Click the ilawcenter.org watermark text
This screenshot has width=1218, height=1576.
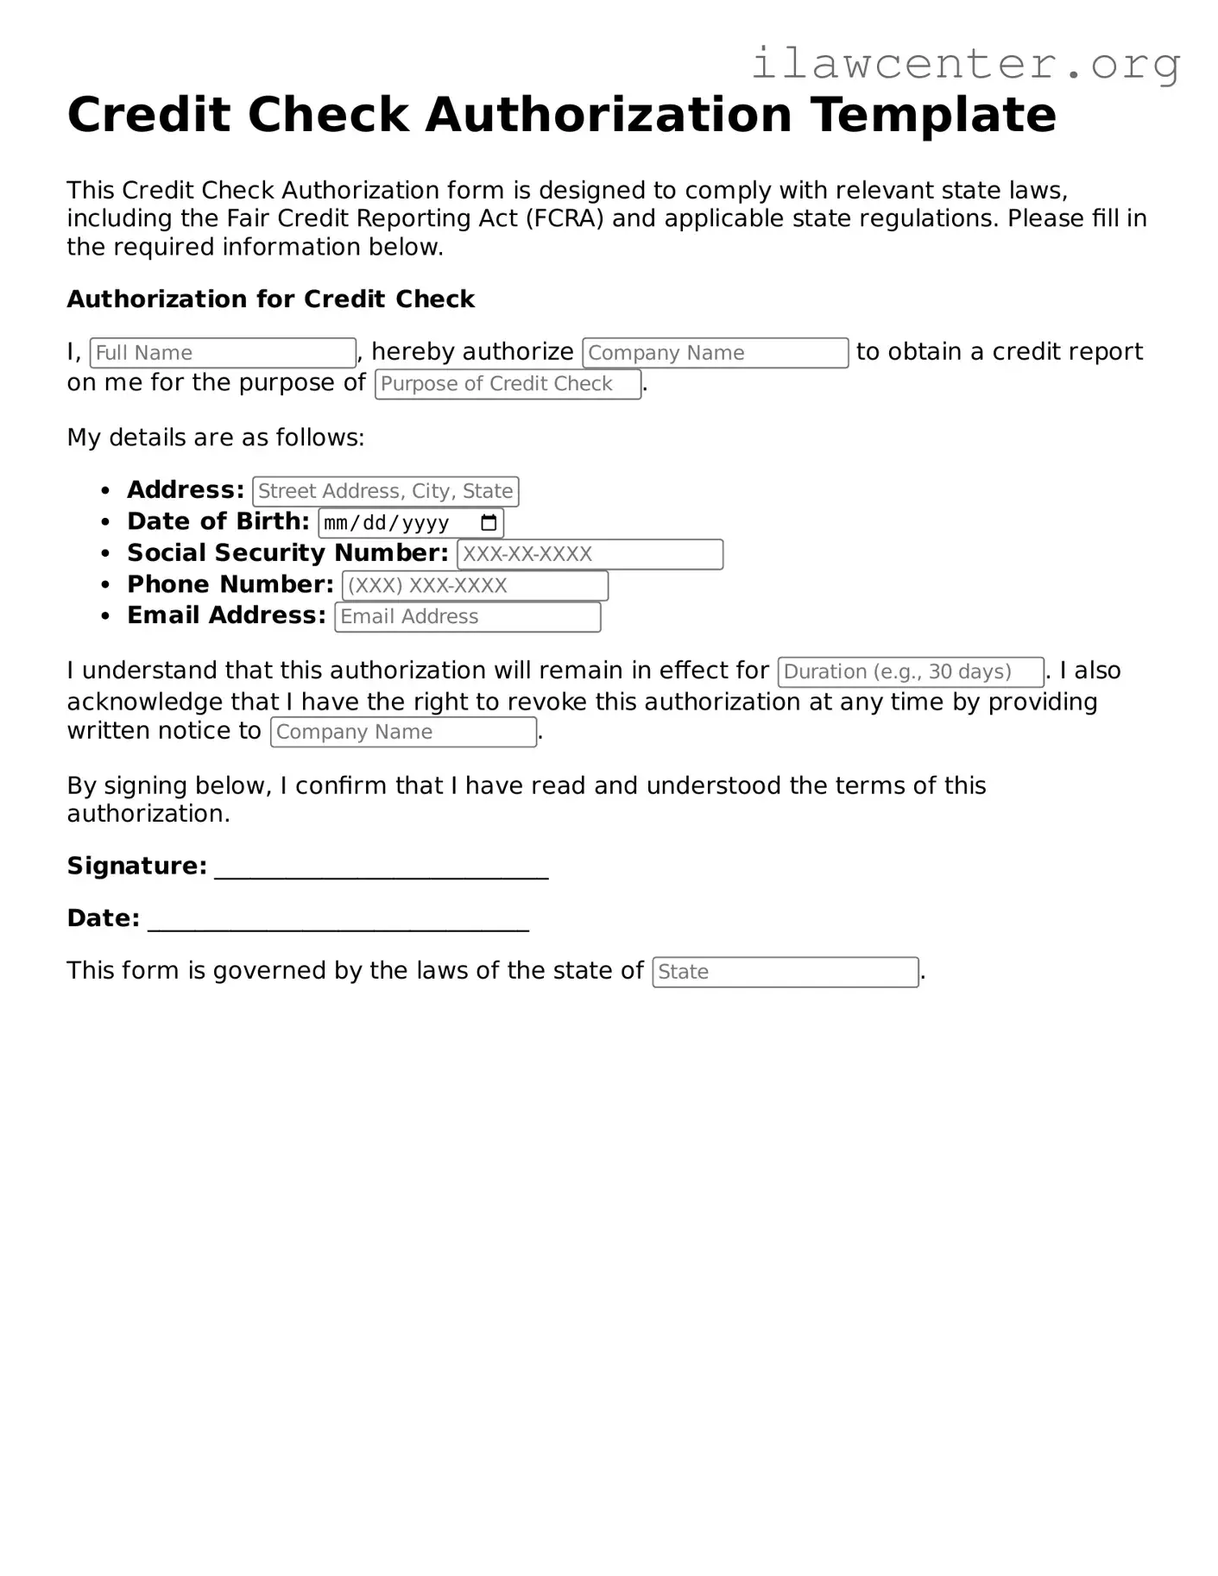pos(965,64)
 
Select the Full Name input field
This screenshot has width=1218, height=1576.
pos(223,353)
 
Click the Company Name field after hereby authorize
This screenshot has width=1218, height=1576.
pos(715,353)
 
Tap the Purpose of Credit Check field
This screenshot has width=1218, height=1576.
pos(508,384)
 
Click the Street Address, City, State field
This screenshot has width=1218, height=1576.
pos(385,491)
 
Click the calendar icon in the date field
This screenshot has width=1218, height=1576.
pos(489,523)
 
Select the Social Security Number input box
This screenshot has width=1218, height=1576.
pos(590,554)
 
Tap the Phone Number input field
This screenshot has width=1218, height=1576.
pos(475,586)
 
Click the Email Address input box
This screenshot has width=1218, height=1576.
pos(467,617)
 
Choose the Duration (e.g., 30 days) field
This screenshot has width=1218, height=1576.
pos(910,671)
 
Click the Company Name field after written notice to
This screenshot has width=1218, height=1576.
pos(403,732)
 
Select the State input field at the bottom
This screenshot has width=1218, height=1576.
pos(785,972)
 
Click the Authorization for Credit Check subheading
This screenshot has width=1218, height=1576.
pos(270,299)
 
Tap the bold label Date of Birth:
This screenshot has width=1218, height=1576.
pos(218,521)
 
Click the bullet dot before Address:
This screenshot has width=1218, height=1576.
pos(105,491)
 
